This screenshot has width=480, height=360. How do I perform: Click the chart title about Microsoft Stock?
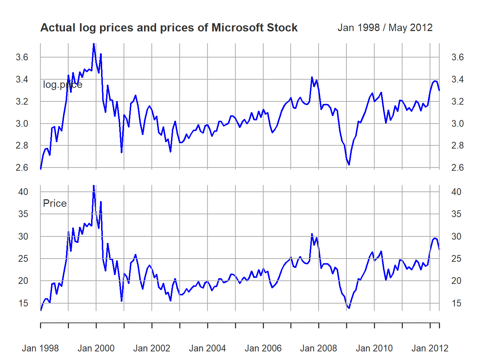[169, 28]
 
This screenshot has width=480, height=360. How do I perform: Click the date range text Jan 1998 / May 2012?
[385, 28]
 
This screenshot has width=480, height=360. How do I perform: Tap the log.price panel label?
[62, 85]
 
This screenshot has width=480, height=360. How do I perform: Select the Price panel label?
[55, 204]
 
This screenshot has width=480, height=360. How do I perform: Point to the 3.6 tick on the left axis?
[22, 57]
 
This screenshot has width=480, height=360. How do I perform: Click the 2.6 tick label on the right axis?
[457, 167]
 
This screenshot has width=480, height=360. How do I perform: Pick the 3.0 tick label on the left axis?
[22, 124]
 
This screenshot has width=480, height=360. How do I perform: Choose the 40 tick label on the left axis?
[23, 192]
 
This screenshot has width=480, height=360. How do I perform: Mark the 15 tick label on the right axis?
[456, 303]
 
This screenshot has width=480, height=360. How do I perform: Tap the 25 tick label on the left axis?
[23, 259]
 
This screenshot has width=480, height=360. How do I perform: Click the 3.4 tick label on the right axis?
[457, 79]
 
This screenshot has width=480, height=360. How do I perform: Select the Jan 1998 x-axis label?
[40, 348]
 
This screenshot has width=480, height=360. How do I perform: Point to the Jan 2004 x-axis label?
[207, 348]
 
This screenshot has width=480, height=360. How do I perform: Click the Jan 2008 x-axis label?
[319, 348]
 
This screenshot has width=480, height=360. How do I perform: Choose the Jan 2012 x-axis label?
[430, 348]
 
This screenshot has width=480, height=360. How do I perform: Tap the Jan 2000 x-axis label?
[96, 348]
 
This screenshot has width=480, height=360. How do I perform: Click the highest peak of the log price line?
[94, 44]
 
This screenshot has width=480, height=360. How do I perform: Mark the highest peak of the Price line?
[94, 186]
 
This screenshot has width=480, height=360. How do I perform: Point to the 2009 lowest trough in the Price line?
[349, 308]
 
